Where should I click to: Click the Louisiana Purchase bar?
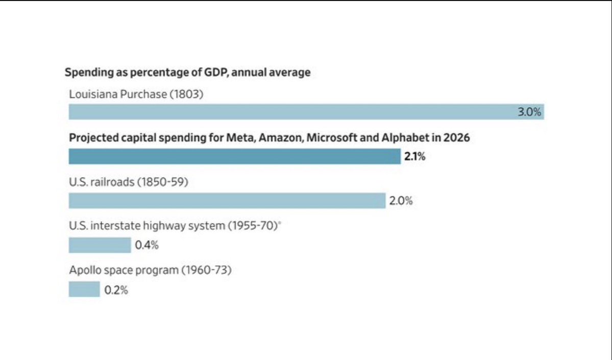click(306, 112)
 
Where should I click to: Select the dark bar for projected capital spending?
click(234, 156)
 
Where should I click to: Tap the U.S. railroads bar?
click(227, 201)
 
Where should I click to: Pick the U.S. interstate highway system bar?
click(100, 245)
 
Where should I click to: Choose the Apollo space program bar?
click(84, 290)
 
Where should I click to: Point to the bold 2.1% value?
click(415, 157)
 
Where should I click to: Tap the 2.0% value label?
click(401, 201)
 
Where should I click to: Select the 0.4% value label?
click(146, 246)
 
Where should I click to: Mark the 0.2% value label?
click(116, 290)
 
